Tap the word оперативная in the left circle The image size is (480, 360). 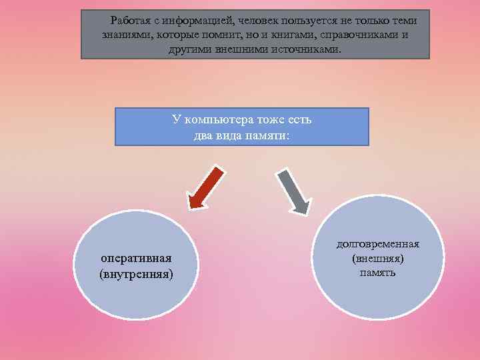click(x=136, y=258)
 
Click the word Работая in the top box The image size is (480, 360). click(x=131, y=19)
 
